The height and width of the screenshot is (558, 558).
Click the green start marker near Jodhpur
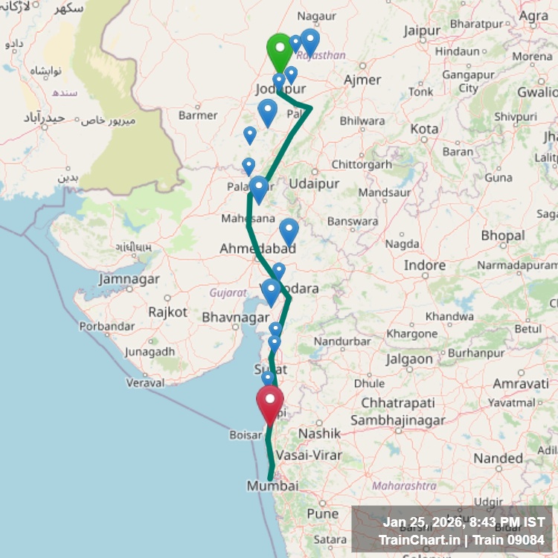(x=279, y=51)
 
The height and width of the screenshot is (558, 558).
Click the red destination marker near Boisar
(x=269, y=403)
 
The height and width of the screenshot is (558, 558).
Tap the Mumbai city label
(x=272, y=486)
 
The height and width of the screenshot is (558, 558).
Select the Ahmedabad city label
(x=257, y=248)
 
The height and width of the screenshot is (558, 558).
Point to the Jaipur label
(x=423, y=31)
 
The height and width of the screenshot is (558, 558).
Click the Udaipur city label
(x=314, y=184)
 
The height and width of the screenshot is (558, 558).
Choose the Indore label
(x=425, y=266)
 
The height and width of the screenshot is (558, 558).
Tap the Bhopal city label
(x=503, y=236)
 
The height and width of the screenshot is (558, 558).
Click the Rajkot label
(x=167, y=312)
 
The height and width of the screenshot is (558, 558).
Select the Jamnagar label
(x=129, y=279)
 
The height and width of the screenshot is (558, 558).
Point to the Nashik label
(x=319, y=433)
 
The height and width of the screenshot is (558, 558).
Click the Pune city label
(x=322, y=513)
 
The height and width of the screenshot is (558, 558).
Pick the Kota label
(x=424, y=128)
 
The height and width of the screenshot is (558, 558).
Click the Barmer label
(x=198, y=115)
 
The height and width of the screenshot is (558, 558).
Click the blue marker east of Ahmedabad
(x=289, y=231)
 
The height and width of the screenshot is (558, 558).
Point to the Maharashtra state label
(x=404, y=486)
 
